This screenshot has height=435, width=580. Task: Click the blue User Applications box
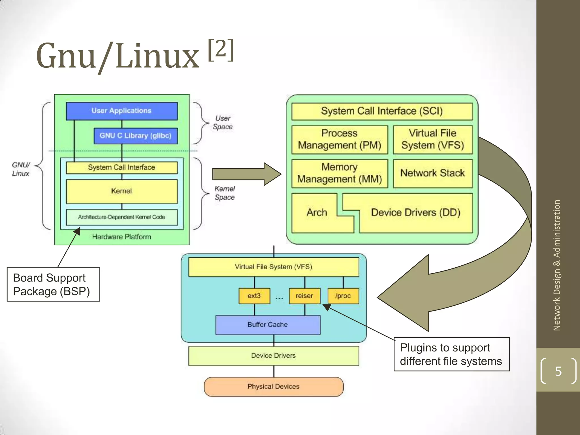pos(122,111)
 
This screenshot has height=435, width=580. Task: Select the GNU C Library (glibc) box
pos(136,136)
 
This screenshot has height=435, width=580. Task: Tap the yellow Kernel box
pos(122,191)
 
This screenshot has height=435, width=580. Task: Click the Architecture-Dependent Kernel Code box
pos(122,217)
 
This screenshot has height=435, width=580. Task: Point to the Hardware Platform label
pos(122,237)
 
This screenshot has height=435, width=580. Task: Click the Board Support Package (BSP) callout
pos(53,284)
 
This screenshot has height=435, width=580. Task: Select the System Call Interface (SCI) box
pos(382,111)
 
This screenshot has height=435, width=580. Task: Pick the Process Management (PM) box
pos(340,139)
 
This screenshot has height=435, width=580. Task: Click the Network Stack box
pos(433,173)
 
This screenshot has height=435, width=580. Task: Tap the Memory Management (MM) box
pos(340,173)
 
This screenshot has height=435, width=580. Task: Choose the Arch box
pos(317,213)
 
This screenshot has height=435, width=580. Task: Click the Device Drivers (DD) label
pos(416,213)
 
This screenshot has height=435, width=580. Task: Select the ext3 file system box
pos(254,296)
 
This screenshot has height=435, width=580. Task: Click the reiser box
pos(304,296)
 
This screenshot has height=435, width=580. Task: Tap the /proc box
pos(343,296)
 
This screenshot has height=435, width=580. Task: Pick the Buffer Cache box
pos(268,325)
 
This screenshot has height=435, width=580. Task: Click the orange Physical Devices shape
pos(274,387)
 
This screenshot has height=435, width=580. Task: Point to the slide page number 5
pos(558,371)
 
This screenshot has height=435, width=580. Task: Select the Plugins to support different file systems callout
pos(451,354)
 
